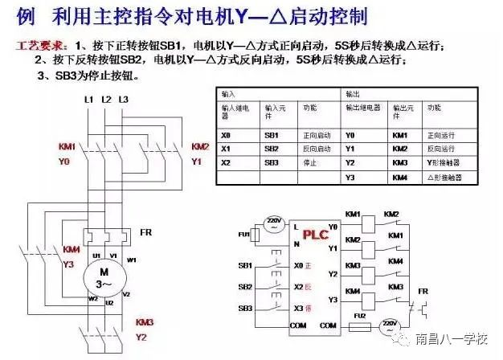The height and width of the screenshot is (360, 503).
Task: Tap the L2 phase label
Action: [105, 99]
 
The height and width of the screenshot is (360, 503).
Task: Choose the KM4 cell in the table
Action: [400, 177]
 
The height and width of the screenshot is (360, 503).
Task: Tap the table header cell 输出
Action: [353, 94]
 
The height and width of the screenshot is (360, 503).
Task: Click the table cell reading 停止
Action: [311, 163]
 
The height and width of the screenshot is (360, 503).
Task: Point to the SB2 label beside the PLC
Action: [245, 287]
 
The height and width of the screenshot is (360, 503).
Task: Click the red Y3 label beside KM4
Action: [69, 263]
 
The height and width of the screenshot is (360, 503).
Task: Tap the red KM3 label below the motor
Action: [144, 322]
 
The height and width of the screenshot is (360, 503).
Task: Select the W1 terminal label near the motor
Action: [132, 260]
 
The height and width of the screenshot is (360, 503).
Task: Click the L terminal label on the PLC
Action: [296, 226]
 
